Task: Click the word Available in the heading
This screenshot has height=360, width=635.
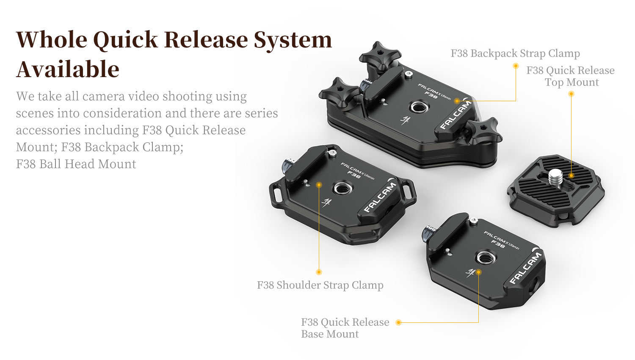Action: coord(68,69)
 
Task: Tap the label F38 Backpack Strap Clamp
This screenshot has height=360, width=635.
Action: coord(515,54)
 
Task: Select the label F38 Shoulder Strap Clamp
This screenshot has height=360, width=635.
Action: coord(320,285)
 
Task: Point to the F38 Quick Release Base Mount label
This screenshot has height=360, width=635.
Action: coord(345,328)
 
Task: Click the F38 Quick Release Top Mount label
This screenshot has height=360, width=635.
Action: coord(570,76)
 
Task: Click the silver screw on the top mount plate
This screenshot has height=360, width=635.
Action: coord(555,177)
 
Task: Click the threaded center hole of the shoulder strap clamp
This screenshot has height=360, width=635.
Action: coord(342,188)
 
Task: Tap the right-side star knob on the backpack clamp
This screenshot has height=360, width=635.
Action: coord(484,130)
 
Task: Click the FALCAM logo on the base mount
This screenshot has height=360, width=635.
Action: coord(526,268)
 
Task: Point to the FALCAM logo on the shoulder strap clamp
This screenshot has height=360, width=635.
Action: coord(380,197)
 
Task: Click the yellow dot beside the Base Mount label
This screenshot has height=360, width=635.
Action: coord(399,322)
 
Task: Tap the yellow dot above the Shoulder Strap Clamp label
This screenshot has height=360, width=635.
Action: coord(319,272)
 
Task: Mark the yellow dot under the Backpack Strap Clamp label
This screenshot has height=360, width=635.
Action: coord(516,66)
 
